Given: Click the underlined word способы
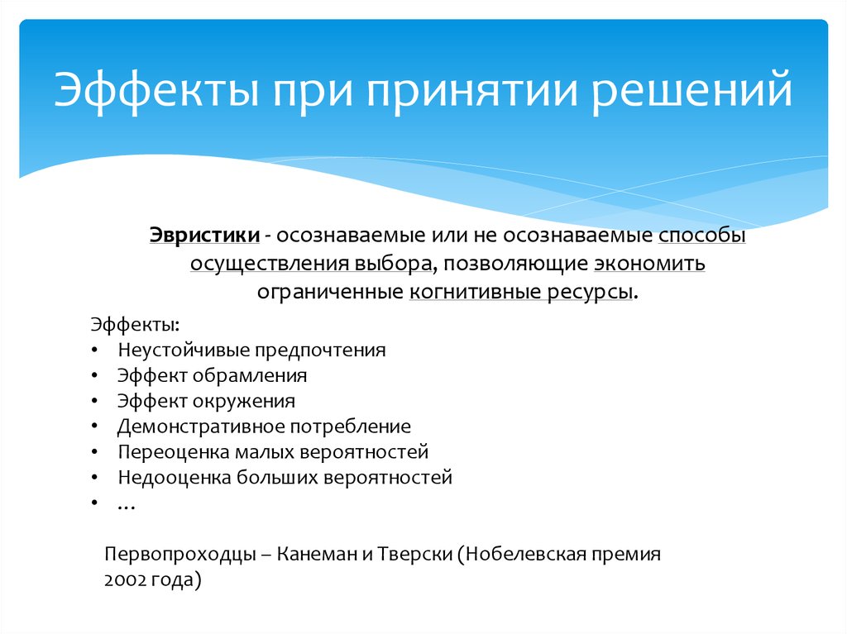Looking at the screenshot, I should (702, 236).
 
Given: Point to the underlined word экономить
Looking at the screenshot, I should (648, 264).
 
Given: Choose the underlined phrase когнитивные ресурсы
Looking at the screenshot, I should (523, 292).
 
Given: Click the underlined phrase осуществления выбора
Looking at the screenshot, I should (311, 264).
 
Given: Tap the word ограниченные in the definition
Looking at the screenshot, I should (330, 292).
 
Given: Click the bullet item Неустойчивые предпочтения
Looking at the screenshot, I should (251, 349).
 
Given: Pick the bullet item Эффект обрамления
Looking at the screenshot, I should (212, 375).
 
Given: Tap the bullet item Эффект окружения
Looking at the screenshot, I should (206, 401).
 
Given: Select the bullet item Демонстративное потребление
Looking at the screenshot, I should (264, 427).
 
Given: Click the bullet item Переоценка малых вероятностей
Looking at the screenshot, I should (273, 452).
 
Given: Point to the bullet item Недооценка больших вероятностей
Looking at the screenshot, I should (285, 478).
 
